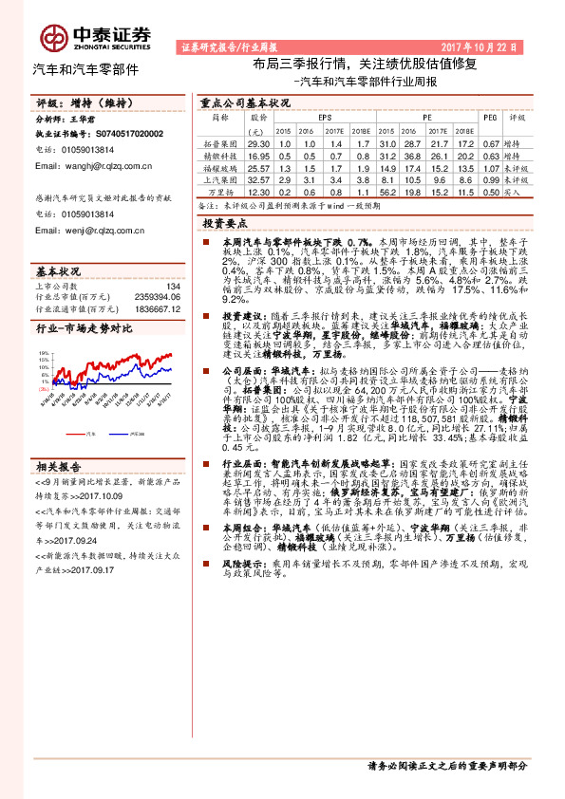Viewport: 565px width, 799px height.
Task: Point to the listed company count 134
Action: click(x=173, y=286)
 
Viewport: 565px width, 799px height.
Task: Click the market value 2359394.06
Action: click(x=157, y=296)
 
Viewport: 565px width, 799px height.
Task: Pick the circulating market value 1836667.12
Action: click(x=157, y=307)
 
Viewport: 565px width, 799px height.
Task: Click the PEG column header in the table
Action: click(x=490, y=118)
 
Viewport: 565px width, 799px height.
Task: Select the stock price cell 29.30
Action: click(x=258, y=141)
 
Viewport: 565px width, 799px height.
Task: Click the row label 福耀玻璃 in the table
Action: click(x=218, y=166)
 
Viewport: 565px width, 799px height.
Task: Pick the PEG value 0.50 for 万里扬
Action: click(x=490, y=191)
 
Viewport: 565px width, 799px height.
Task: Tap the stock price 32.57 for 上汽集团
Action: click(x=258, y=178)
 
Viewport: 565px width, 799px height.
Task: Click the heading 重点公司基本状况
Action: click(x=245, y=101)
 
